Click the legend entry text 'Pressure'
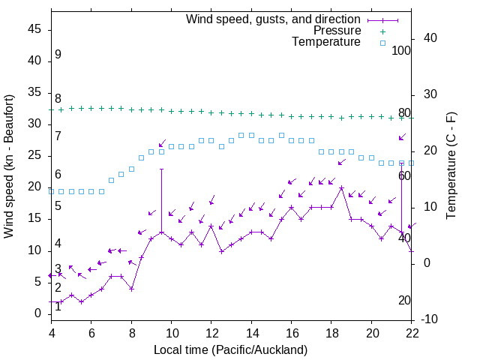coord(337,31)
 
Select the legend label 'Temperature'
coord(326,42)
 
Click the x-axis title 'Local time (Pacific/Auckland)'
coord(230,350)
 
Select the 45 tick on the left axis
coord(34,29)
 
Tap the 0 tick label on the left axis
coord(38,313)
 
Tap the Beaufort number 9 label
coord(58,55)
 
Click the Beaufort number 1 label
coord(58,306)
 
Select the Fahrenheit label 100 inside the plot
coord(401,51)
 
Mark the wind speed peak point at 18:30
coord(341,188)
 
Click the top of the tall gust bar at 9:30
coord(161,169)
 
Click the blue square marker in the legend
coord(382,43)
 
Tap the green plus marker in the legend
coord(382,31)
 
